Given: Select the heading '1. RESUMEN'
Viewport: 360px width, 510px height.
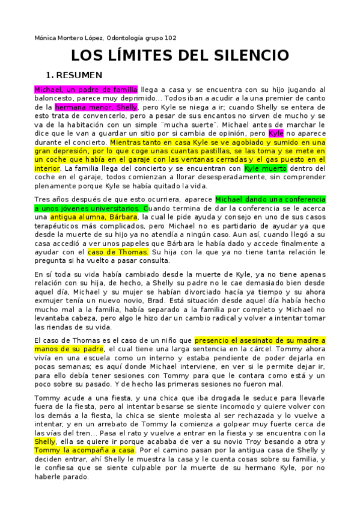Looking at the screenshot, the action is pyautogui.click(x=74, y=75).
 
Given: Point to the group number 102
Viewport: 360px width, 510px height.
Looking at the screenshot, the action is pyautogui.click(x=170, y=38).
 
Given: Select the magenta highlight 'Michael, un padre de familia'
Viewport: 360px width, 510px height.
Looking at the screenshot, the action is pyautogui.click(x=86, y=90).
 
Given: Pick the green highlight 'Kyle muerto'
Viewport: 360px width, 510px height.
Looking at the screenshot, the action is pyautogui.click(x=265, y=168).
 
